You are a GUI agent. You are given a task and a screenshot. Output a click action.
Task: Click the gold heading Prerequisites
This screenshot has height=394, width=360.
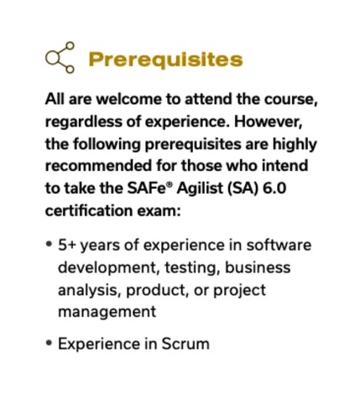point(165,60)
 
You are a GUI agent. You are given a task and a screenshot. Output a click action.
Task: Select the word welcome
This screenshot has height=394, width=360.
point(130,99)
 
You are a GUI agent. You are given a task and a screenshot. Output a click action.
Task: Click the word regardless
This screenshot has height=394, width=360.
point(83,122)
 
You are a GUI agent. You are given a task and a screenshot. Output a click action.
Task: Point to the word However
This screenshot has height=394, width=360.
point(269,122)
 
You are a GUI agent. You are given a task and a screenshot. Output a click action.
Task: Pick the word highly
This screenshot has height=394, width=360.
point(295,144)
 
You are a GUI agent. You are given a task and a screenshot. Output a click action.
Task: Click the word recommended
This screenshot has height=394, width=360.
point(99,165)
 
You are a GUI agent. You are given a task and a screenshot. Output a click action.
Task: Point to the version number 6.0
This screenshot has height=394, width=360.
point(274,188)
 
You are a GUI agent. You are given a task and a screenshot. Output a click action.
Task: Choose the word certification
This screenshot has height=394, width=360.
point(89,210)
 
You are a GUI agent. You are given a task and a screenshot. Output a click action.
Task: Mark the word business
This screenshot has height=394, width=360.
point(258,267)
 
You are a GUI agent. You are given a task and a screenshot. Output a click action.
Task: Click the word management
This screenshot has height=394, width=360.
point(107,312)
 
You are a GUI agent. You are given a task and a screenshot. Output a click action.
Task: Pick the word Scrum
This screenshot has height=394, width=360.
point(185,344)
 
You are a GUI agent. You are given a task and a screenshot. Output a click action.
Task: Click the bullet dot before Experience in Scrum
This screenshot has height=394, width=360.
point(50,343)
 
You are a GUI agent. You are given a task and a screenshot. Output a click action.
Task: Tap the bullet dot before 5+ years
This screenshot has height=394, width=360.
point(50,244)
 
